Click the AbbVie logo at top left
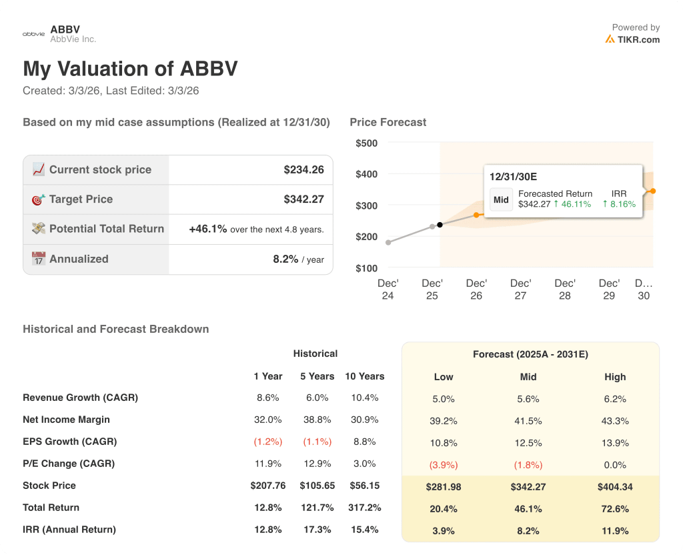[x=33, y=33]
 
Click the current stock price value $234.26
[x=303, y=169]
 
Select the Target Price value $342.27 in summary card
[x=303, y=199]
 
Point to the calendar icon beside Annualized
[x=39, y=259]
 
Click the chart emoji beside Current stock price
[x=39, y=169]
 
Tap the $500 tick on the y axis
[x=366, y=143]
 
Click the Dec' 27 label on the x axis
[x=520, y=290]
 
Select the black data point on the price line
[x=440, y=225]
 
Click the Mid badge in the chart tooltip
[x=501, y=199]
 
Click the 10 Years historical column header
[x=364, y=376]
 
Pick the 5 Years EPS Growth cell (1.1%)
[x=317, y=442]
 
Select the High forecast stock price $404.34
[x=615, y=487]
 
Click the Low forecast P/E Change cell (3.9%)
[x=444, y=465]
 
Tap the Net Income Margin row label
[x=66, y=420]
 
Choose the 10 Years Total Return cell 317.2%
[x=364, y=508]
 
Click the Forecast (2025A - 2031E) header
[x=530, y=355]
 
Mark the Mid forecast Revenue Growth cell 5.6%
[x=528, y=399]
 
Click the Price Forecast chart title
[x=388, y=122]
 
